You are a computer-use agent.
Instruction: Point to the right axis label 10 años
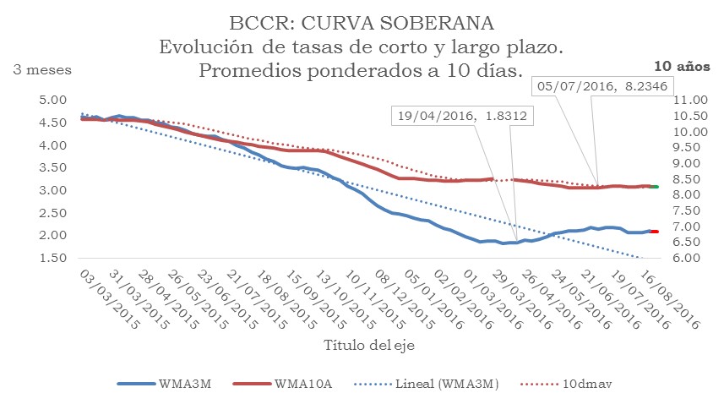(681, 66)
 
